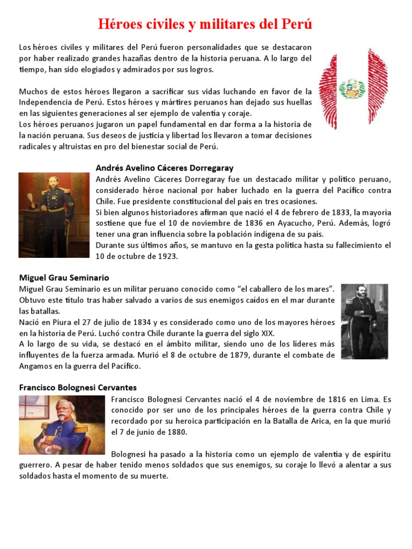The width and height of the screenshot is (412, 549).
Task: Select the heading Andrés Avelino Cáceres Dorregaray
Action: (164, 168)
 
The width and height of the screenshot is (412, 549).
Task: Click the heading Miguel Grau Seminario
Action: (64, 278)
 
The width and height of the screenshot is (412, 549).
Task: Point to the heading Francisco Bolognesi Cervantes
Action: (78, 387)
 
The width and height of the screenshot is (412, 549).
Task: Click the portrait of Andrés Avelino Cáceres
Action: (54, 214)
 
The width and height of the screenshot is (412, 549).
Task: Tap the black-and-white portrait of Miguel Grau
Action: (364, 321)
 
